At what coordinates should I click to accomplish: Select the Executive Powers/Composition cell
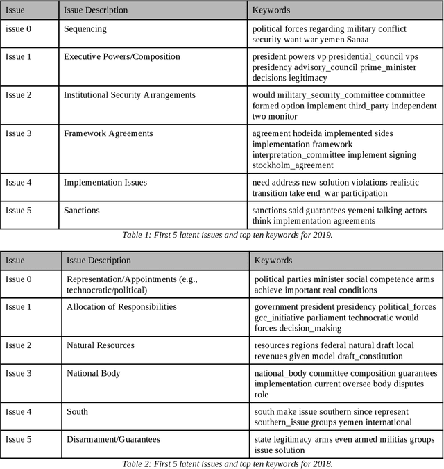tap(121, 57)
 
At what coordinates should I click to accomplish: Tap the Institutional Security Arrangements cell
tap(130, 95)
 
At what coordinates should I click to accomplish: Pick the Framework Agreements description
tap(108, 133)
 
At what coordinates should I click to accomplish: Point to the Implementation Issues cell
tap(105, 183)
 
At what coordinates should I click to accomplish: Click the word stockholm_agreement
tap(292, 165)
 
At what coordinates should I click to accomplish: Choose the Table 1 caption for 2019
tap(227, 235)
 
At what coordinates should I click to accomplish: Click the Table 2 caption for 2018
tap(227, 463)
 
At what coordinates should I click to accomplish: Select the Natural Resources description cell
tap(101, 345)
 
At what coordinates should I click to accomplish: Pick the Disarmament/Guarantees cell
tap(113, 439)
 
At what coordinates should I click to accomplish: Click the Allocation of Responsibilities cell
tap(121, 306)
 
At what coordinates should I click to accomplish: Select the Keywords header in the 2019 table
tap(271, 10)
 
